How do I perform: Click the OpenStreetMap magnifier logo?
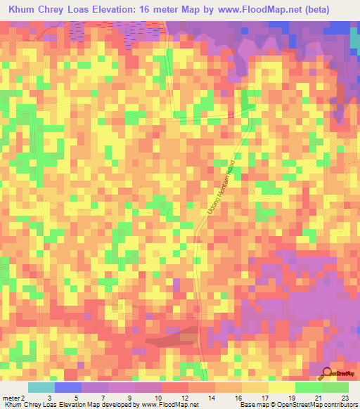[x=326, y=373]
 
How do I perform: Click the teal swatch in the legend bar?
[x=41, y=388]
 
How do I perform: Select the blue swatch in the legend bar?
[x=67, y=388]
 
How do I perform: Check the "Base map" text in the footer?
[x=252, y=405]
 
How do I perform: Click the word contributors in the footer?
[x=337, y=405]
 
